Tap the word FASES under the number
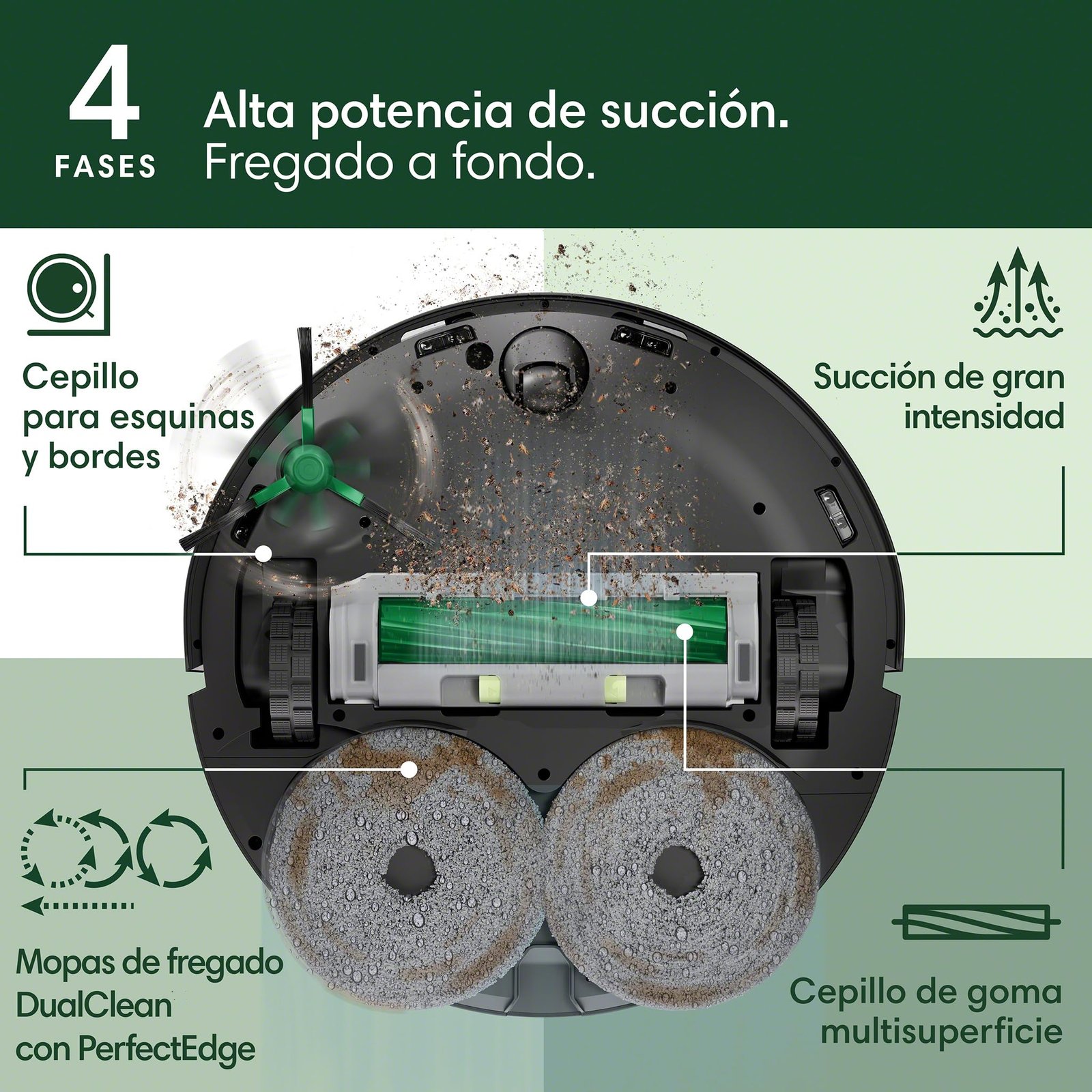click(x=105, y=167)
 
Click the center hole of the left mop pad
click(x=409, y=872)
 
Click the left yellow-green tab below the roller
click(x=490, y=689)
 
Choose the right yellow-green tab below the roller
click(x=614, y=689)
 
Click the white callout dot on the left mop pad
click(x=409, y=769)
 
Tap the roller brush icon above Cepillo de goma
click(x=976, y=922)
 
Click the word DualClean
click(x=94, y=1006)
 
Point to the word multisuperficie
click(x=942, y=1032)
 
